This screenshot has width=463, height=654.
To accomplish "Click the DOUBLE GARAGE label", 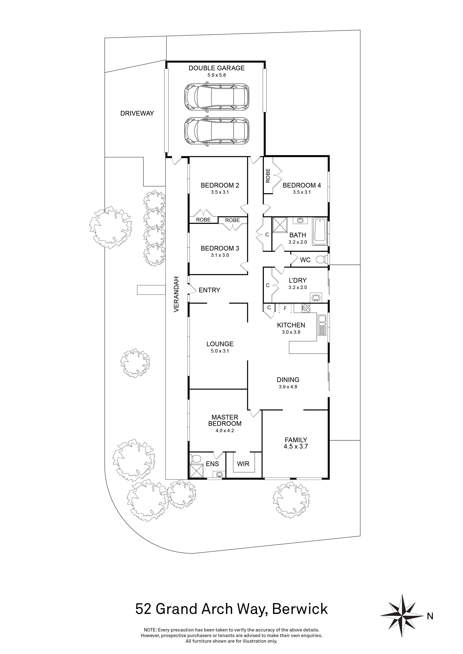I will coord(217,68).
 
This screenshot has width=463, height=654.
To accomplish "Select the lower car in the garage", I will coord(217,131).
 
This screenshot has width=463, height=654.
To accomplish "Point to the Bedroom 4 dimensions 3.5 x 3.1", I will coord(302,192).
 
